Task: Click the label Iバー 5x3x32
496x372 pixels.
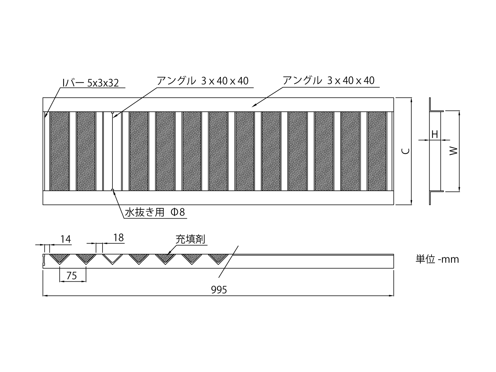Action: coord(91,83)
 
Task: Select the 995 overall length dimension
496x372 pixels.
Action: coord(219,290)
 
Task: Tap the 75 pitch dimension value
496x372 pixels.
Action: coord(72,276)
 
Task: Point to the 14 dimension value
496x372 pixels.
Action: coord(65,239)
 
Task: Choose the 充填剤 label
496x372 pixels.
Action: coord(190,239)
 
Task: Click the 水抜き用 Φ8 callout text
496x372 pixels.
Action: coord(155,212)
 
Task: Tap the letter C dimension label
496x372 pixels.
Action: coord(406,151)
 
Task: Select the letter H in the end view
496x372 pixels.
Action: coord(435,134)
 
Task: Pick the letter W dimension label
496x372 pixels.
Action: coord(453,151)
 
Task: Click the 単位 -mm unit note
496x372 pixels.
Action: coord(437,259)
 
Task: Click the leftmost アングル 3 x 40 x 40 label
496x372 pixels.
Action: coord(202,81)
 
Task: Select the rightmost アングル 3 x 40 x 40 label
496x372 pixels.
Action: coord(329,80)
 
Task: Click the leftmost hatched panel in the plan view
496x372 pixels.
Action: coord(60,151)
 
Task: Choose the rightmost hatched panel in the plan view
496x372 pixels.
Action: coord(377,151)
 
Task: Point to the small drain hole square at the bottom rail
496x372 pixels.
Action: coord(112,190)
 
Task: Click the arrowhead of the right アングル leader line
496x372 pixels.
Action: coord(254,105)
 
